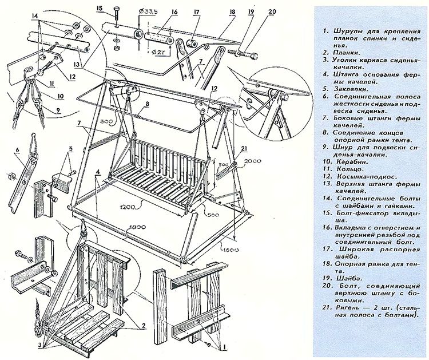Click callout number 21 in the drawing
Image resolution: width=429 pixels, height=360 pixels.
coord(244,149)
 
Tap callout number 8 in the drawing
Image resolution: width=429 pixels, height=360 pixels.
coord(147,104)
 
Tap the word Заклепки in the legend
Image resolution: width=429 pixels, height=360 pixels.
coord(349,89)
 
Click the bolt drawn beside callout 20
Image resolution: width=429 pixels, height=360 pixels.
coord(244,53)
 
